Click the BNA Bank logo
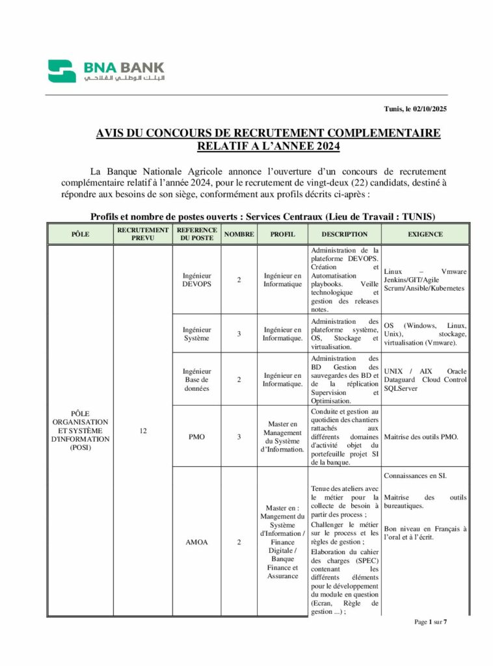pos(106,71)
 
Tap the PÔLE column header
pos(80,234)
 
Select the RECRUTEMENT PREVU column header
pos(143,234)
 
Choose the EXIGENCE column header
pos(425,234)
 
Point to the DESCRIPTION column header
pos(344,234)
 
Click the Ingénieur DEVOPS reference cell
pos(196,280)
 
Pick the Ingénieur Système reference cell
pos(196,334)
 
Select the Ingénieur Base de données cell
pos(196,379)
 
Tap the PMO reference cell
pos(196,436)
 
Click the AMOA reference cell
pos(196,542)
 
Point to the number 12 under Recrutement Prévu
pos(143,431)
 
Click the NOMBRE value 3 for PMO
pos(239,436)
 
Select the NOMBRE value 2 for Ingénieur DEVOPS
pos(239,280)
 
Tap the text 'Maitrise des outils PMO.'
pos(421,436)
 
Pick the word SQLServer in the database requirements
pos(401,388)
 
